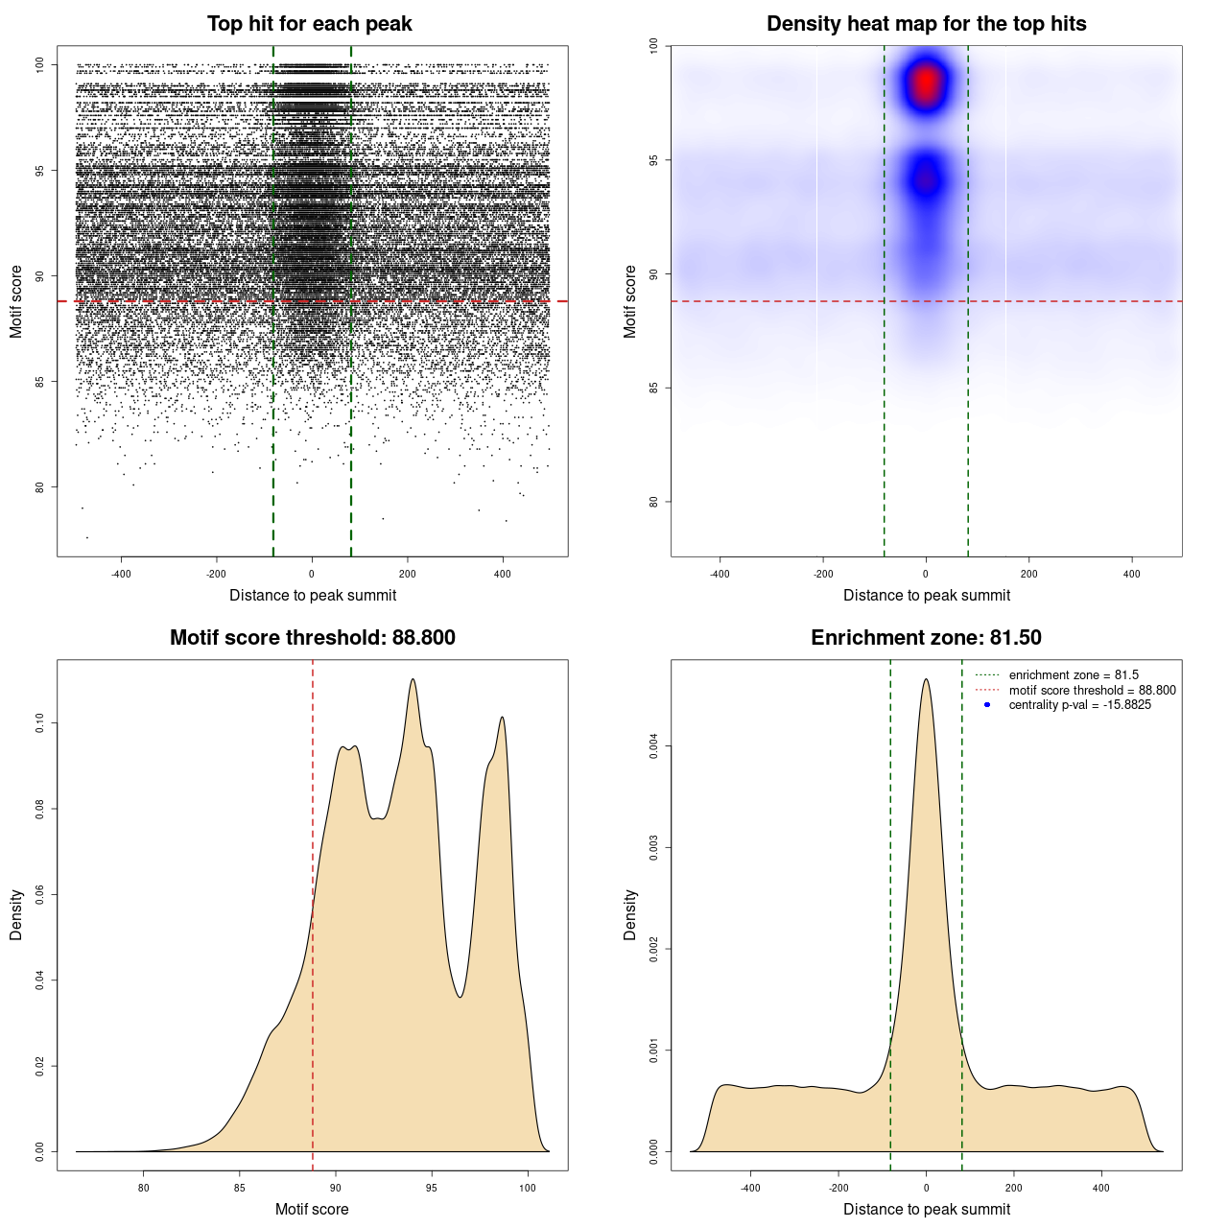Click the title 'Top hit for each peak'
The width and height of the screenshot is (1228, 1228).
[310, 24]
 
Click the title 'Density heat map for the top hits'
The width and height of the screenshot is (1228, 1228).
[926, 24]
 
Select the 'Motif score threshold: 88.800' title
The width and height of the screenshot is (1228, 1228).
[312, 638]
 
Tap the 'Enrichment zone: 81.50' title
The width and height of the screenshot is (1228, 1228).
[926, 638]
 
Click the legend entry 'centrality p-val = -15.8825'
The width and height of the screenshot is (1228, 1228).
[1079, 705]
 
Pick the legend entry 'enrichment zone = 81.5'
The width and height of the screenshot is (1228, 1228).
[1074, 675]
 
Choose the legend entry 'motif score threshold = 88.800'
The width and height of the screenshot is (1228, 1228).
[1092, 690]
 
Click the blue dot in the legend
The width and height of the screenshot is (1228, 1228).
[987, 705]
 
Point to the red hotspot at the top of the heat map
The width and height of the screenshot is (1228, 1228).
[926, 84]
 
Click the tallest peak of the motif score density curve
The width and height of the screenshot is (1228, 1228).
[413, 680]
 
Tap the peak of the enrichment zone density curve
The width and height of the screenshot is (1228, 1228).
[926, 680]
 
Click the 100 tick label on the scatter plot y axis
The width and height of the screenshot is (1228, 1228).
[40, 64]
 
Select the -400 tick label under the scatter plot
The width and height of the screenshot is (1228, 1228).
[121, 575]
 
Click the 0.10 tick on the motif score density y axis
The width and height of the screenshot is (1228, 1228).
[40, 722]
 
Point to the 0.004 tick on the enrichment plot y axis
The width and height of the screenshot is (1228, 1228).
[654, 746]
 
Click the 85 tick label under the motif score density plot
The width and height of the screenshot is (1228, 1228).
[240, 1188]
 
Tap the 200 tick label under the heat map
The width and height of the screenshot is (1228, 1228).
[1029, 575]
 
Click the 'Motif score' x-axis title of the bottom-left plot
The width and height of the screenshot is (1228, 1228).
[312, 1209]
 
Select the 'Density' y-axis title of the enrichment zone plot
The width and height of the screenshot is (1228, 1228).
[630, 914]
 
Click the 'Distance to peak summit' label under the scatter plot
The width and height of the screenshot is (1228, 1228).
[313, 596]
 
